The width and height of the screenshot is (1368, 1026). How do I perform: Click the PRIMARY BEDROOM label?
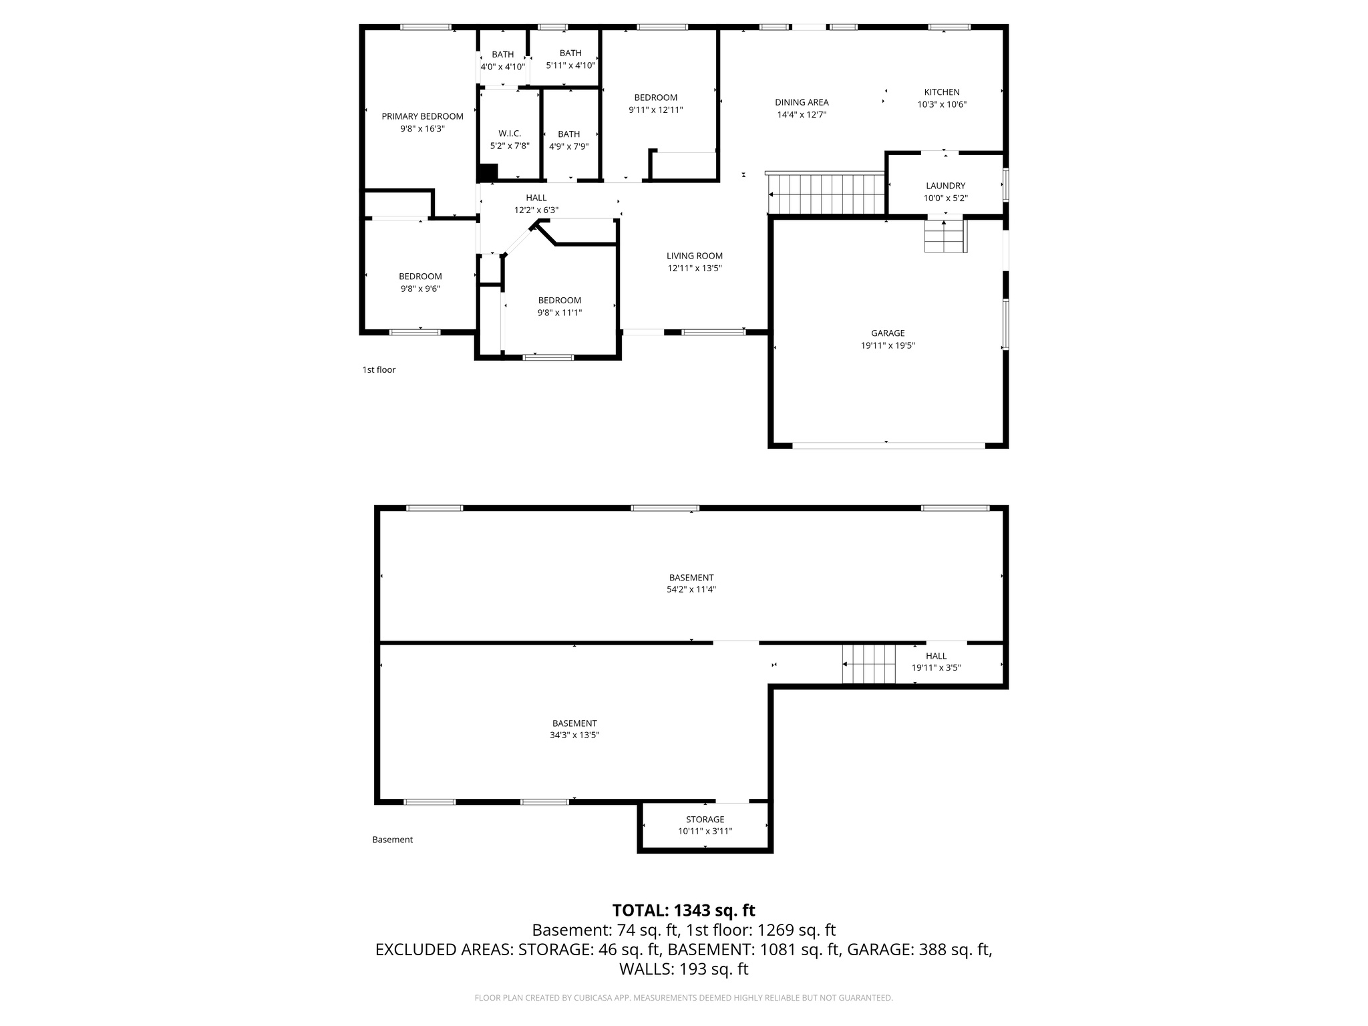[422, 116]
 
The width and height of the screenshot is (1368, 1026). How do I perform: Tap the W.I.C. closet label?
[510, 134]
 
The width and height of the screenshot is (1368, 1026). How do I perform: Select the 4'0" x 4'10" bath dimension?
[503, 67]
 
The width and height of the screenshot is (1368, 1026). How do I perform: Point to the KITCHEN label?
[942, 92]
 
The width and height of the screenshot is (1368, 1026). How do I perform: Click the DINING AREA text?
[802, 102]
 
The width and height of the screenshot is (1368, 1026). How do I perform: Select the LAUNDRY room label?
[945, 186]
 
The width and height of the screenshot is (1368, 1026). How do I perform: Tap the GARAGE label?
[888, 333]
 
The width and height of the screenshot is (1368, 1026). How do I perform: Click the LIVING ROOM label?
[695, 256]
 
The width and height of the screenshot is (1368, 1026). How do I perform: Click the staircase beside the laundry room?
[826, 194]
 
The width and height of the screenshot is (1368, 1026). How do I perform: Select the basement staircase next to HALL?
[868, 664]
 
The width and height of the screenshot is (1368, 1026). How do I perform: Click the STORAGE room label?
[705, 819]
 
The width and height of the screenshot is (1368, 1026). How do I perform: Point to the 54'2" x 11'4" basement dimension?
[691, 589]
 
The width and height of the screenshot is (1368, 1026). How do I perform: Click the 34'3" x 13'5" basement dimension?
[574, 735]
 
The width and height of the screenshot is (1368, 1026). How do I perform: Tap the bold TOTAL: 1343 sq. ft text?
[683, 910]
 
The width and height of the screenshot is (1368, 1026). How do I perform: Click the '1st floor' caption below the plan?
[379, 369]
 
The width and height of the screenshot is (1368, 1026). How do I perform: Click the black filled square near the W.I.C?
[489, 172]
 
